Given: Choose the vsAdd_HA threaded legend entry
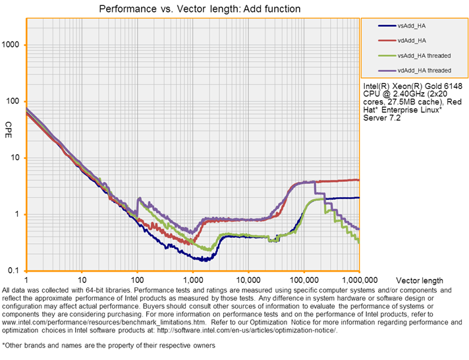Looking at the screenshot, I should pyautogui.click(x=424, y=55).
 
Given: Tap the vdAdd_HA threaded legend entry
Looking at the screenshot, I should pyautogui.click(x=424, y=70).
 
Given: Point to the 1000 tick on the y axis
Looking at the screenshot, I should pyautogui.click(x=12, y=45).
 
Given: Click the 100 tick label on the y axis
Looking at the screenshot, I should pyautogui.click(x=14, y=102).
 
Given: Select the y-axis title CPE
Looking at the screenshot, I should pyautogui.click(x=9, y=125).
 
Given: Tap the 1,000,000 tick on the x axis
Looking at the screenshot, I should pyautogui.click(x=359, y=279).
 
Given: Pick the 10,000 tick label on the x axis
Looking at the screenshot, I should pyautogui.click(x=248, y=279).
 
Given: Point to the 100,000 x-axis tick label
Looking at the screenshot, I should pyautogui.click(x=304, y=279).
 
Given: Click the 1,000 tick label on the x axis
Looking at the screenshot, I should pyautogui.click(x=192, y=279).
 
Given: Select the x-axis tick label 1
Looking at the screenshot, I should pyautogui.click(x=26, y=279).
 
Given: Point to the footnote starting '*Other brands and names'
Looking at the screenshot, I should pyautogui.click(x=109, y=345).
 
